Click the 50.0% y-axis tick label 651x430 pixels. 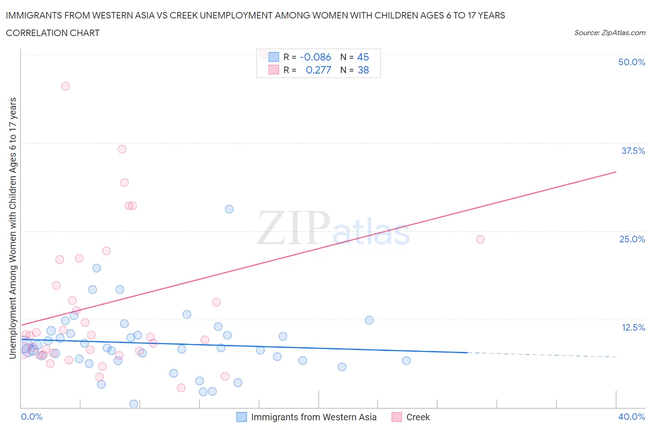(x=632, y=62)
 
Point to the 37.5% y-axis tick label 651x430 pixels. (x=633, y=151)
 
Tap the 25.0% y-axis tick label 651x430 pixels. (x=632, y=239)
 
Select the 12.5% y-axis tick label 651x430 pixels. (x=633, y=327)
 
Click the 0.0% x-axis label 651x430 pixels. (x=31, y=417)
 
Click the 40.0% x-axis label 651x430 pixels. (x=632, y=417)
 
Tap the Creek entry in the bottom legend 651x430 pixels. (x=418, y=417)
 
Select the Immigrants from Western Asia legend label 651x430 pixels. (x=313, y=417)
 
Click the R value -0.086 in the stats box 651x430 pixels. (x=315, y=57)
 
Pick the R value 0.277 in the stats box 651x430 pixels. (x=319, y=70)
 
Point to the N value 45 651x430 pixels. (x=363, y=57)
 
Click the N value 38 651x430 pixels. (x=363, y=70)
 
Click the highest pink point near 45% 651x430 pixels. (x=65, y=86)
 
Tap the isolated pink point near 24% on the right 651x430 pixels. (x=480, y=239)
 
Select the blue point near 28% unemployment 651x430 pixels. (x=229, y=209)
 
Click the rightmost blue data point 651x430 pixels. (x=406, y=361)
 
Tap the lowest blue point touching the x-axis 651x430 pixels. (x=133, y=404)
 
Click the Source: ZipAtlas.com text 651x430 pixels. (x=609, y=32)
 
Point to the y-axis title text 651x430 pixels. (x=13, y=228)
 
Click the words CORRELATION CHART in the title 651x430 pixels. (x=53, y=33)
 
